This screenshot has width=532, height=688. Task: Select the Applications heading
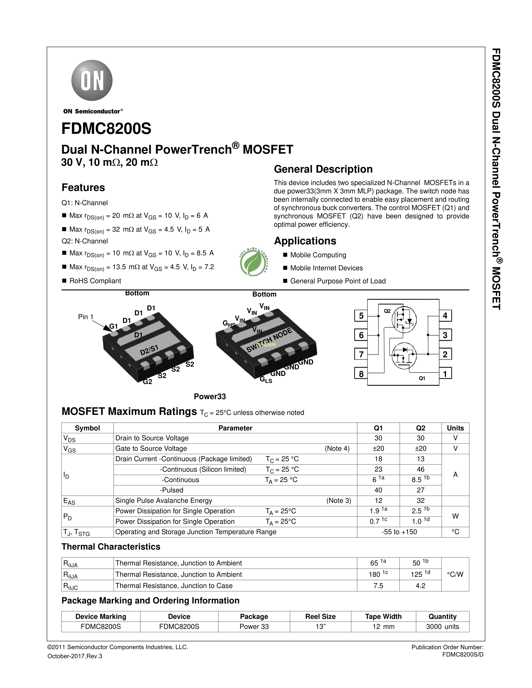(305, 241)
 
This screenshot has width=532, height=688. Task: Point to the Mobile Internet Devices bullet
(326, 268)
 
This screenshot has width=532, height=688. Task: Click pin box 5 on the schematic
(361, 316)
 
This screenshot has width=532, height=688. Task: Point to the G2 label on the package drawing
(147, 382)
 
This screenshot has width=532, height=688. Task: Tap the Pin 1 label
(85, 317)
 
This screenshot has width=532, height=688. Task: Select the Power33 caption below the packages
(210, 397)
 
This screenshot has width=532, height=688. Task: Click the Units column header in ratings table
(455, 428)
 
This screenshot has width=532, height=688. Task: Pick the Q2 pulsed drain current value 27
(420, 490)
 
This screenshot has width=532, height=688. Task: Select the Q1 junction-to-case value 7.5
(378, 586)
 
